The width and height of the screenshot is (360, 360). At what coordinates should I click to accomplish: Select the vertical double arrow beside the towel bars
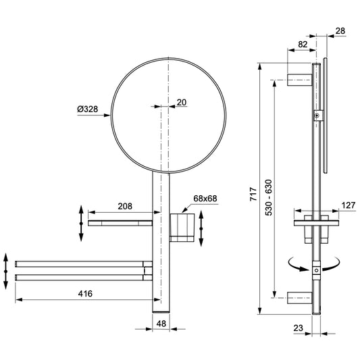[x=5, y=269]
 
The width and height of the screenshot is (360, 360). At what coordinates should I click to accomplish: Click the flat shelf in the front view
[x=120, y=222]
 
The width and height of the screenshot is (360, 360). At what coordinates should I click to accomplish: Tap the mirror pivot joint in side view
[x=315, y=116]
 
